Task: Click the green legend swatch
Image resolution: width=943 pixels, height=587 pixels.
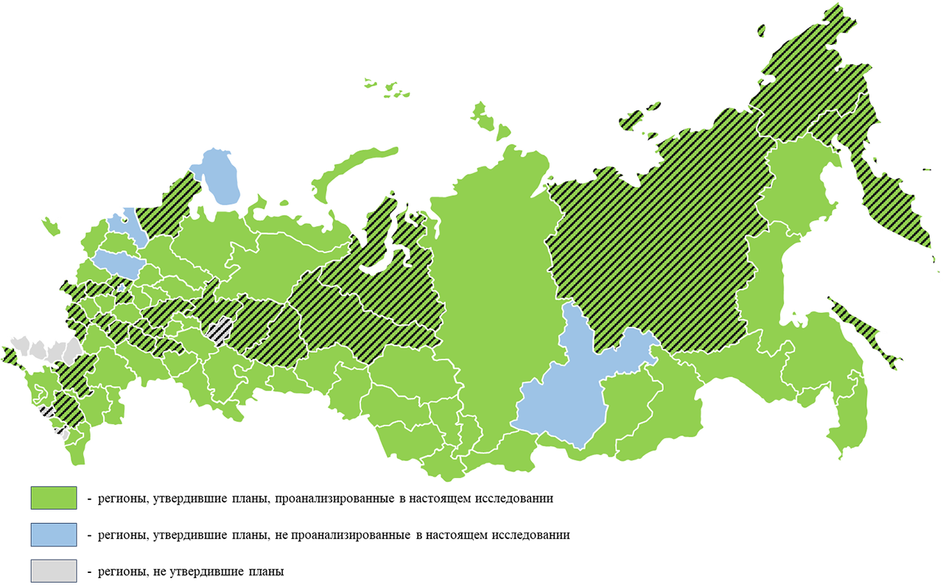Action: point(54,498)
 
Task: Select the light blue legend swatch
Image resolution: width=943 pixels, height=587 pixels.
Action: point(54,535)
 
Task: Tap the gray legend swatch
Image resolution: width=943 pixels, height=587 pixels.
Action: point(54,571)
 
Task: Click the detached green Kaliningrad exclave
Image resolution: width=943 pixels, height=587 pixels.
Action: point(51,225)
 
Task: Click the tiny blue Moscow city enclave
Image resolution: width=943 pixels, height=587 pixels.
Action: point(120,287)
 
